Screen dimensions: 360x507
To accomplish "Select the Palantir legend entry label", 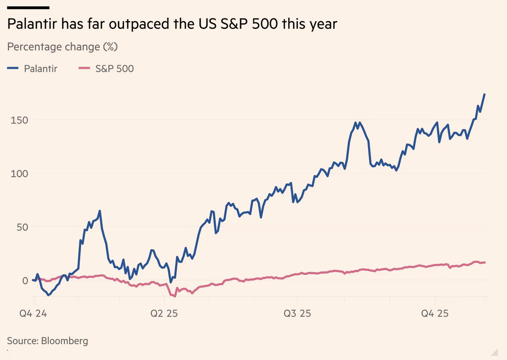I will pyautogui.click(x=41, y=68).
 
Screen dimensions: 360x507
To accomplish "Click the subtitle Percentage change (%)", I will pyautogui.click(x=63, y=46).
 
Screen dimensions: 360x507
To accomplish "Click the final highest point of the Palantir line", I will pyautogui.click(x=485, y=94).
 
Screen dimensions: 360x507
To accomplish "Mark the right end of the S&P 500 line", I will pyautogui.click(x=485, y=262).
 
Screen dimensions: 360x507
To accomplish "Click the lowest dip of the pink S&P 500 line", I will pyautogui.click(x=175, y=296).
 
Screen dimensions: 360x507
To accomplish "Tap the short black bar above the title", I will pyautogui.click(x=28, y=8).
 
